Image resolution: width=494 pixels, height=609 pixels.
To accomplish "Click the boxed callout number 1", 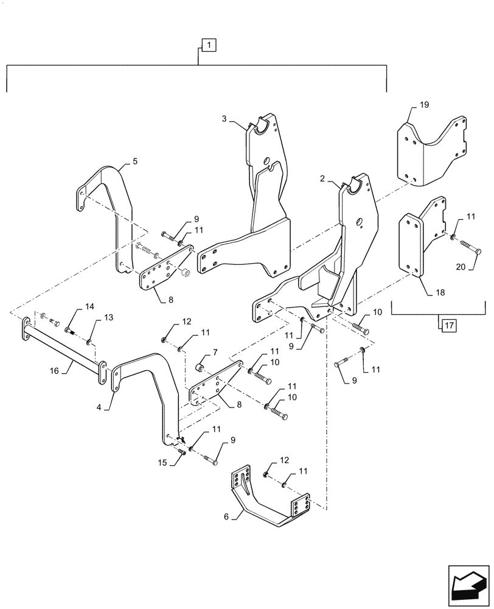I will [x=208, y=44].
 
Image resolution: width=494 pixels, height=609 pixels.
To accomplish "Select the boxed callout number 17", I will [x=448, y=326].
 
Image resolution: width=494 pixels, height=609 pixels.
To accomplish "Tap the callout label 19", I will [x=423, y=105].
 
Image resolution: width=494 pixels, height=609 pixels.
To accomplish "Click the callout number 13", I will [x=109, y=317].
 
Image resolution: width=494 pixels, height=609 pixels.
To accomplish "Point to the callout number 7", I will [x=215, y=353].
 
